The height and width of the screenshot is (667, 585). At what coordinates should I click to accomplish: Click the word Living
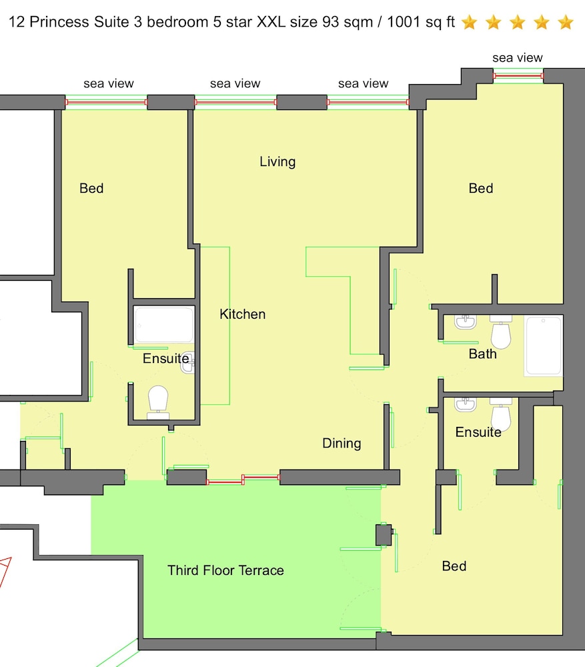(x=277, y=162)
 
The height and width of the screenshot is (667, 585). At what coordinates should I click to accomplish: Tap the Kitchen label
(x=243, y=314)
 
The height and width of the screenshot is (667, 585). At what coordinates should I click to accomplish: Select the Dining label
(x=342, y=444)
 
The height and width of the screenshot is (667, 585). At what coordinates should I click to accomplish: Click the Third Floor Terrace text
(x=225, y=570)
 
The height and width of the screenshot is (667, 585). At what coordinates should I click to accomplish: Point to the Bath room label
(x=482, y=354)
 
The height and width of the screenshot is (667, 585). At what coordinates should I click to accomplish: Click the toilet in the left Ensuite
(x=158, y=402)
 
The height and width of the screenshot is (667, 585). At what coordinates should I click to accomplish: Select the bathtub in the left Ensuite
(x=164, y=325)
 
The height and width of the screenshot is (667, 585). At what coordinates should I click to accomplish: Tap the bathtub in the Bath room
(x=543, y=346)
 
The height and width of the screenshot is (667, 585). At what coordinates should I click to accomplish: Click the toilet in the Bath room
(x=501, y=332)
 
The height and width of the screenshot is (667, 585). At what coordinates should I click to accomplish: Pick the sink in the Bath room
(x=465, y=322)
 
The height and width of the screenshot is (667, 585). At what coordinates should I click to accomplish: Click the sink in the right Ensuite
(x=465, y=405)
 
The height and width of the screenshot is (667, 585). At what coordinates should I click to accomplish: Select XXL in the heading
(x=271, y=22)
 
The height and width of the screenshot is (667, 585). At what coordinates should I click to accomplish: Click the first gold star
(x=470, y=22)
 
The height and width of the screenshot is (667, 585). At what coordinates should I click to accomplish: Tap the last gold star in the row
(x=566, y=22)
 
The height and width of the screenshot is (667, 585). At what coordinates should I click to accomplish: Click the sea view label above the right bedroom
(x=518, y=58)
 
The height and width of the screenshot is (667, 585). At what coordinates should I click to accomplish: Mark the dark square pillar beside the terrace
(x=384, y=535)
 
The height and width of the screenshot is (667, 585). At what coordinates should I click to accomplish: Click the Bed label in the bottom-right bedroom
(x=454, y=566)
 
